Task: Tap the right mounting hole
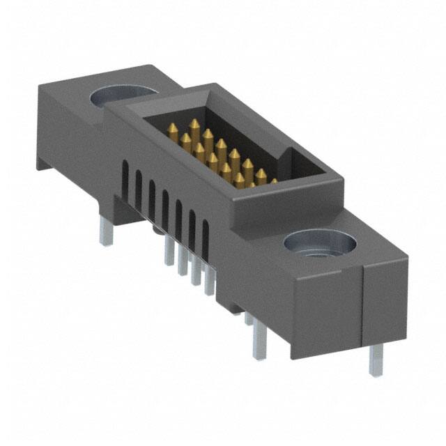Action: click(320, 244)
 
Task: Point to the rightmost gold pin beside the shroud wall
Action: click(273, 181)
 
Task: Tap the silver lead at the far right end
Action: click(376, 359)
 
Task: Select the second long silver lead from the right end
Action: click(260, 341)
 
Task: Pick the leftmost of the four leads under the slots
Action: click(169, 251)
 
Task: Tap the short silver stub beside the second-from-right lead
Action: click(249, 318)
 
